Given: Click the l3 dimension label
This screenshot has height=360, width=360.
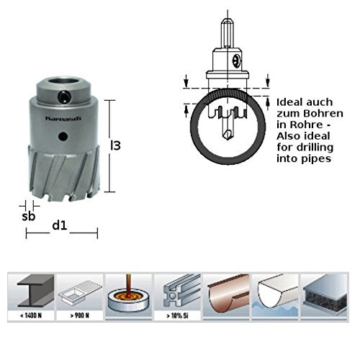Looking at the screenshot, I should tap(114, 145).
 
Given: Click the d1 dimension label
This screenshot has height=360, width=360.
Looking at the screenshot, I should tap(60, 225).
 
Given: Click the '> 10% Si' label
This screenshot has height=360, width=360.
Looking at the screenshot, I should tap(177, 315).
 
